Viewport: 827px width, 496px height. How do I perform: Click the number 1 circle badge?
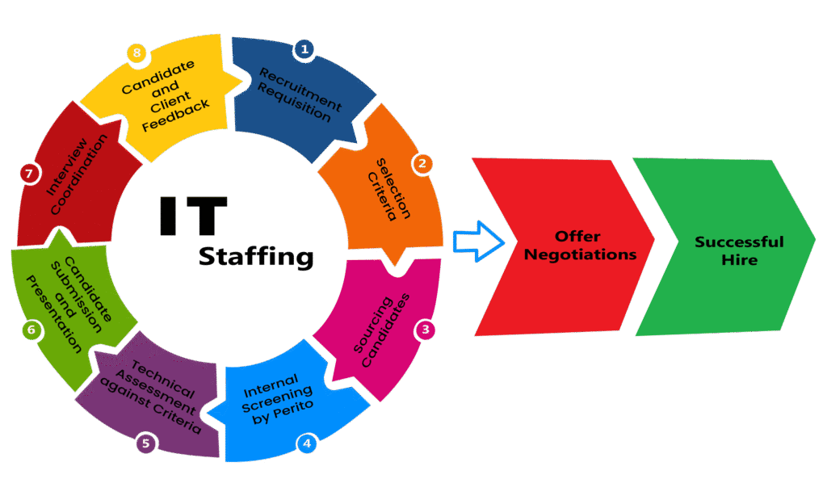[304, 48]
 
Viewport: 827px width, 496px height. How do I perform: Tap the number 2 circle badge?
[421, 163]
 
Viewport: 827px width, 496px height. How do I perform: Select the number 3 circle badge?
[425, 330]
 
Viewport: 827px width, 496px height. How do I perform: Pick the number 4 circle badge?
[306, 443]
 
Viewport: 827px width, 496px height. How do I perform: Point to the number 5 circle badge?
[145, 443]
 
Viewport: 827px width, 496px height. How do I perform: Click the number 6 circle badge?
[31, 330]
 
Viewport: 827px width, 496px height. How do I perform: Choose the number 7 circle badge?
[28, 174]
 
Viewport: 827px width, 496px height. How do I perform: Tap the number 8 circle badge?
[137, 53]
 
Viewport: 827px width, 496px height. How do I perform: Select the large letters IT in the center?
[192, 216]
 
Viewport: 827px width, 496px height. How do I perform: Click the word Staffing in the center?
[255, 258]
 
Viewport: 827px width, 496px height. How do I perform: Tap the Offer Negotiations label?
[579, 246]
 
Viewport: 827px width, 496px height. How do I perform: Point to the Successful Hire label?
[739, 250]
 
